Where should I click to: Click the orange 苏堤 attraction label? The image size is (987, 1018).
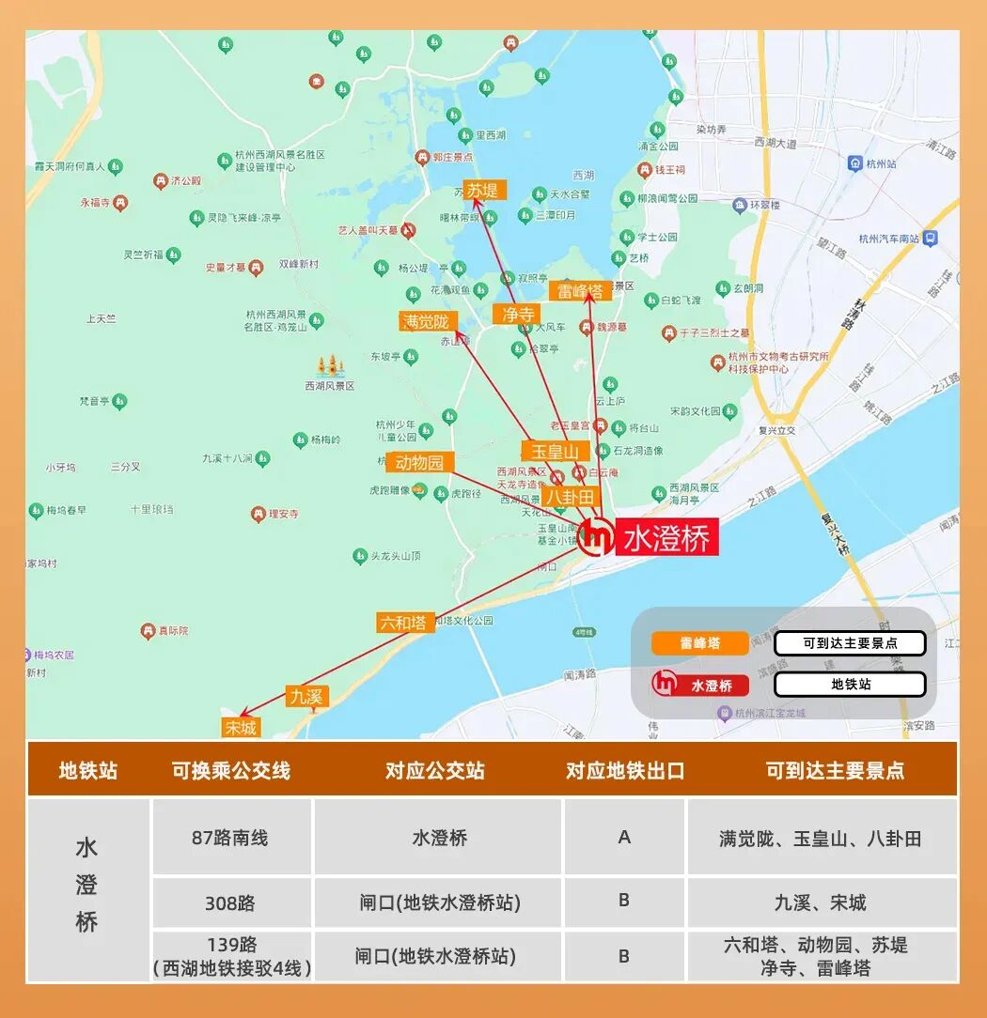tap(484, 191)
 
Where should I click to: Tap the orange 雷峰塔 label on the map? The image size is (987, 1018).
tap(580, 291)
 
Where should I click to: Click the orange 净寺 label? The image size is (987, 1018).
tap(518, 314)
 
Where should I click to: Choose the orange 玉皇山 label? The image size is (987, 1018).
tap(556, 452)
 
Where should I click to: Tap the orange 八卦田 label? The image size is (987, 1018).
tap(570, 496)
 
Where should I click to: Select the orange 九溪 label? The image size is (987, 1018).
tap(306, 696)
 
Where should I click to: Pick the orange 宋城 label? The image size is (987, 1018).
tap(240, 727)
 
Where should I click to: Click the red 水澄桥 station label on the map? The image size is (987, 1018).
tap(667, 538)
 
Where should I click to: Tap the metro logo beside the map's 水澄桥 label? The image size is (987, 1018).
tap(596, 537)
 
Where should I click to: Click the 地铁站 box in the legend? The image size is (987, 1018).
tap(850, 685)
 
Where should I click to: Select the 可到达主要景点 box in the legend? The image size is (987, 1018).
tap(850, 643)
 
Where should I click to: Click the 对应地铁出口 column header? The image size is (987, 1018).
tap(625, 771)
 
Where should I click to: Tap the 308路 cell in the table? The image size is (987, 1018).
tap(231, 903)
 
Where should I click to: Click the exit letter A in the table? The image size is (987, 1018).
tap(624, 837)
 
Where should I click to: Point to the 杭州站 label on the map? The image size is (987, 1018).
tap(885, 163)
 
